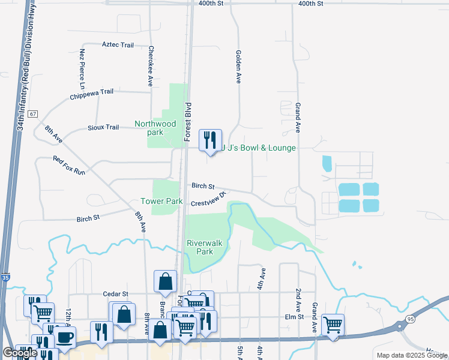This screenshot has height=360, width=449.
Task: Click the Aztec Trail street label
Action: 118,44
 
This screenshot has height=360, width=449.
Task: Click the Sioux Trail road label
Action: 104,127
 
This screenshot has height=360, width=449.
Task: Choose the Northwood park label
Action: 155,128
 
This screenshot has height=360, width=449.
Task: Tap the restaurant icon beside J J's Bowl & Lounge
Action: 209,140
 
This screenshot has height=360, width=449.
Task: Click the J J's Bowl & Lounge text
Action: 259,148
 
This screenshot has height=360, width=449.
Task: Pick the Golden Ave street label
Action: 238,66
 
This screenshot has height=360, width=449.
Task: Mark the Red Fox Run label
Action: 69,166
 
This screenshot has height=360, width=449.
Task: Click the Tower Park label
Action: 161,202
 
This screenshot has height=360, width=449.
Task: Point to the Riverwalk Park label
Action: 205,247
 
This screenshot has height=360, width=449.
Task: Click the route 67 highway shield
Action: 32,113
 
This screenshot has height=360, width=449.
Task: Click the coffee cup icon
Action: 65,337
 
